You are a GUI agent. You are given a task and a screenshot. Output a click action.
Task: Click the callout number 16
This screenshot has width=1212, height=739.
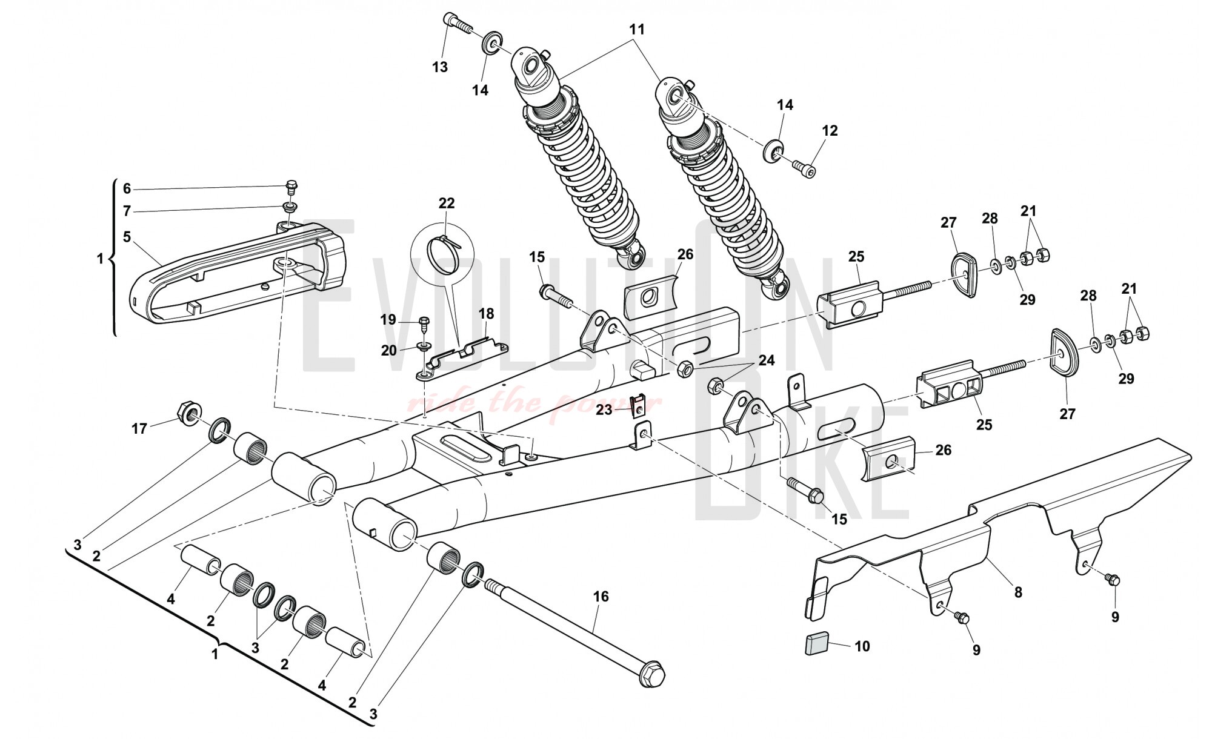click(x=600, y=597)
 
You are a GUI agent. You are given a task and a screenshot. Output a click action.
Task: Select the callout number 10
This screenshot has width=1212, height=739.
click(x=862, y=646)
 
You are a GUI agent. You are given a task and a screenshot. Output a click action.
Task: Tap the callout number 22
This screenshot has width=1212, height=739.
click(x=447, y=203)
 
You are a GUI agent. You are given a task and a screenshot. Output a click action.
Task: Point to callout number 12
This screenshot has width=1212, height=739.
click(x=830, y=130)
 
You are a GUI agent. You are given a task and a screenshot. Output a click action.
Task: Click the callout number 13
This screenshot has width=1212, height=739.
click(x=440, y=67)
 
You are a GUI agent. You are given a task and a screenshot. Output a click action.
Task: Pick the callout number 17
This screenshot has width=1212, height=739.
click(x=139, y=429)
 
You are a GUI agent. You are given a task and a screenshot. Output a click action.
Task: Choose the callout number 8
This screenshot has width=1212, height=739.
click(x=1018, y=592)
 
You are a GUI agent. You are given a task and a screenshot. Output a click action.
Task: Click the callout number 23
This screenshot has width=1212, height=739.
click(x=604, y=410)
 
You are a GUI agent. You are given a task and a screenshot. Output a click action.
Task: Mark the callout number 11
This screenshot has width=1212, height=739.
click(x=637, y=29)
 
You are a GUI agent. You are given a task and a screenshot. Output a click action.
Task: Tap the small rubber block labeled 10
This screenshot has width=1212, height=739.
click(x=816, y=645)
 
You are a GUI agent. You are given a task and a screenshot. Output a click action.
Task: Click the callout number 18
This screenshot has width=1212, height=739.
click(x=487, y=314)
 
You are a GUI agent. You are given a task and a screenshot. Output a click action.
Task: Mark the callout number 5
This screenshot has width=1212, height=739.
click(x=127, y=237)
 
